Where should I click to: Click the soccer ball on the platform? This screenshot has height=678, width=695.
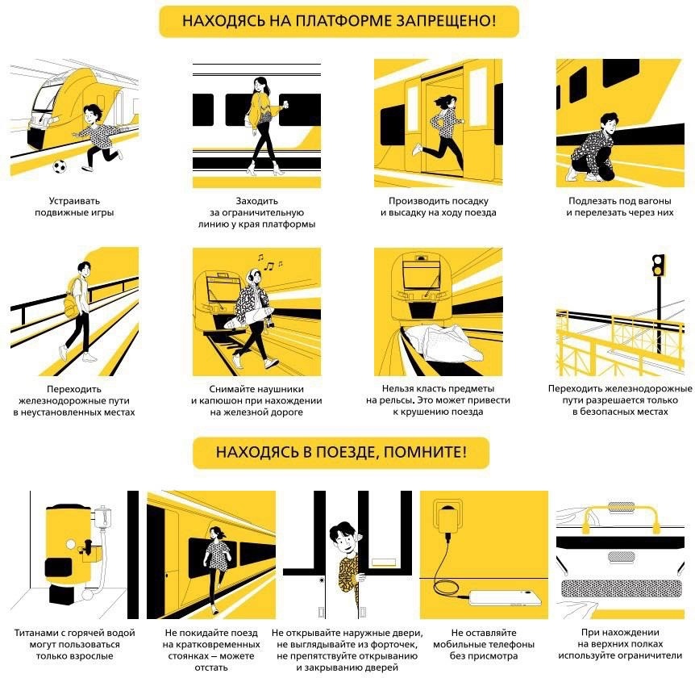tap(60, 166)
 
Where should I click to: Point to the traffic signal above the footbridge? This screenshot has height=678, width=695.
tap(659, 266)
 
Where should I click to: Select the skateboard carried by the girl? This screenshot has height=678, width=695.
tap(248, 317)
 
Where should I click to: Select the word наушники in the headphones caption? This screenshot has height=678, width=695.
tap(282, 389)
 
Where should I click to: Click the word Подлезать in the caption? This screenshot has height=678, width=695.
tap(590, 201)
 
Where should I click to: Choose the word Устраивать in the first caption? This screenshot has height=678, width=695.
tap(74, 201)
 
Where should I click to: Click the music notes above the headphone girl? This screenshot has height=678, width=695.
tap(269, 263)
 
